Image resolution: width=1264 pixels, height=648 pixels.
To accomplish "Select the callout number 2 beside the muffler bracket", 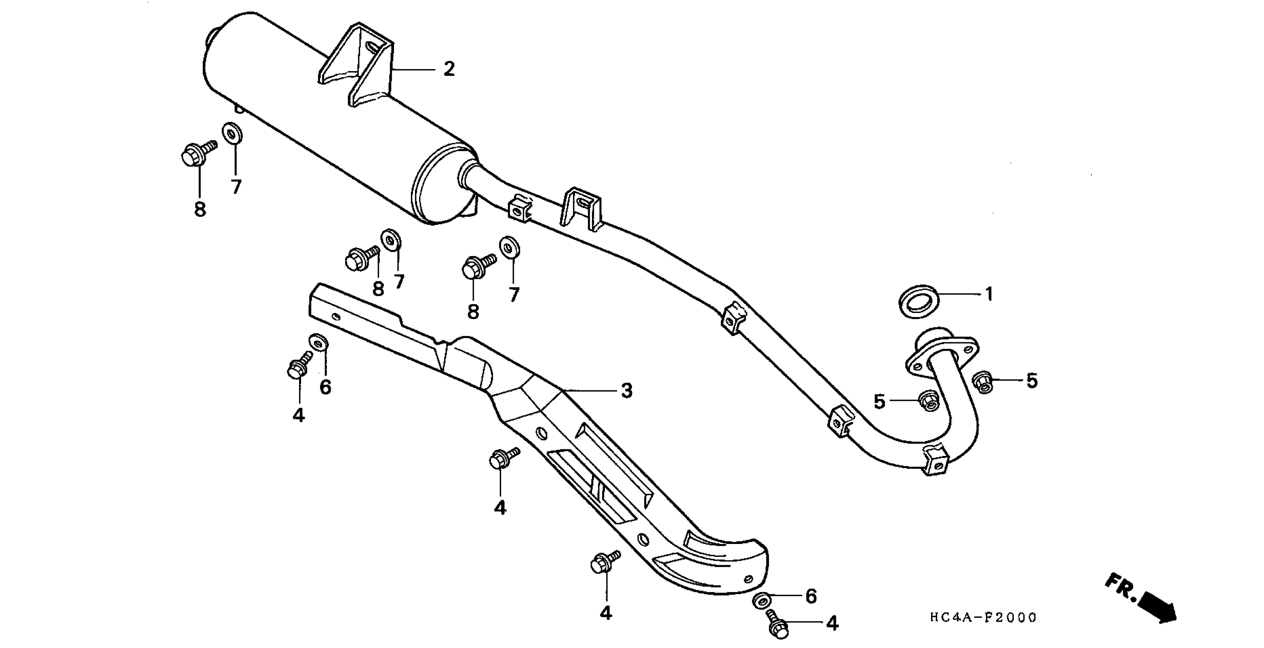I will click(x=449, y=69).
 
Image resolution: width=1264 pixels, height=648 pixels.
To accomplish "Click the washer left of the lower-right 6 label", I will click(x=761, y=600).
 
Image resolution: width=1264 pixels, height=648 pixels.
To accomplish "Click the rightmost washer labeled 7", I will click(x=509, y=248).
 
